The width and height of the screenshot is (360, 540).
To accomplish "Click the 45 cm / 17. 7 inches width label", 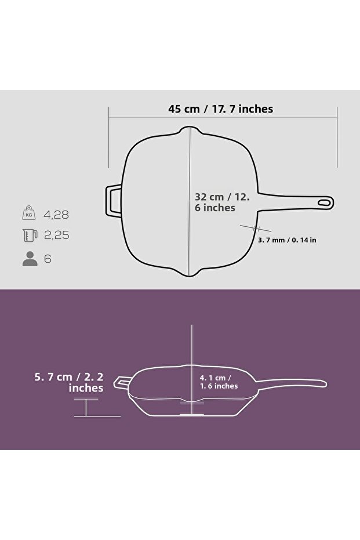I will pos(220,108).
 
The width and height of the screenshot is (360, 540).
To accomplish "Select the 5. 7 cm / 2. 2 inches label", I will pos(69,382).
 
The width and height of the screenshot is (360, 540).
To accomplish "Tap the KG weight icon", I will pos(30,214).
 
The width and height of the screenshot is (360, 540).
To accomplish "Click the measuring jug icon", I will pos(30,235).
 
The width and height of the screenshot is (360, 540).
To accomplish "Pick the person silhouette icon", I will pos(30,259).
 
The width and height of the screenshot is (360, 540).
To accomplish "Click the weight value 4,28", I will pos(56,215).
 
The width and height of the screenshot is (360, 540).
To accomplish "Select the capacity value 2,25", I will pos(56,235).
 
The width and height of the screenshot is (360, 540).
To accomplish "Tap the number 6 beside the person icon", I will pos(48,259).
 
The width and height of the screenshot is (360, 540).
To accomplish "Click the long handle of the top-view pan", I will pos(290,198).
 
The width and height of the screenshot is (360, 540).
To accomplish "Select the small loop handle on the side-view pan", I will pos(123,382).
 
